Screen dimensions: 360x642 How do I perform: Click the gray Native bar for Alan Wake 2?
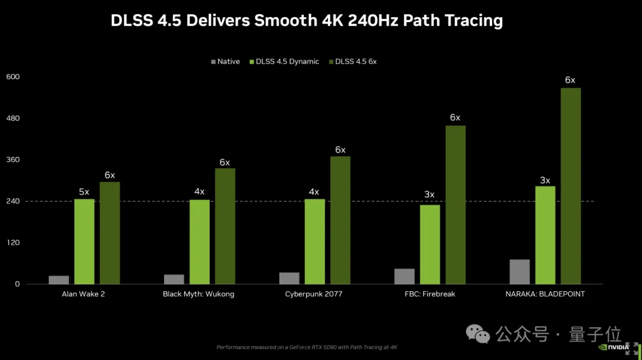(59, 280)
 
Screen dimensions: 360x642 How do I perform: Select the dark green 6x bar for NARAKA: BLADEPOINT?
(571, 186)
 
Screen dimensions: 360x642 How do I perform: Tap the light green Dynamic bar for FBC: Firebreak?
(430, 244)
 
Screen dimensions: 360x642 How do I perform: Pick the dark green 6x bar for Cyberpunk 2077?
(340, 220)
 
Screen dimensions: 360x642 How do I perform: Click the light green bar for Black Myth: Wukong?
(199, 242)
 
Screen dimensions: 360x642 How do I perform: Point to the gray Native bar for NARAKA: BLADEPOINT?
(520, 271)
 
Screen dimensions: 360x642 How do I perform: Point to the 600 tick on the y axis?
(13, 77)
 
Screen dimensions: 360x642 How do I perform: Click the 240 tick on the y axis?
(13, 201)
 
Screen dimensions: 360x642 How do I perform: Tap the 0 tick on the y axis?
(18, 284)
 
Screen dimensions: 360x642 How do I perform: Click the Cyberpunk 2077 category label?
(314, 294)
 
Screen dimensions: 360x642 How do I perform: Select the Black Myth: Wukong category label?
(199, 294)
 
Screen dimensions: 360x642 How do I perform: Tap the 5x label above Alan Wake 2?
(84, 192)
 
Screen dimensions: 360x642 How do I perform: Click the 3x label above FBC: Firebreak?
(429, 194)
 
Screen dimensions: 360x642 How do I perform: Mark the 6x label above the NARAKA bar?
(570, 80)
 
